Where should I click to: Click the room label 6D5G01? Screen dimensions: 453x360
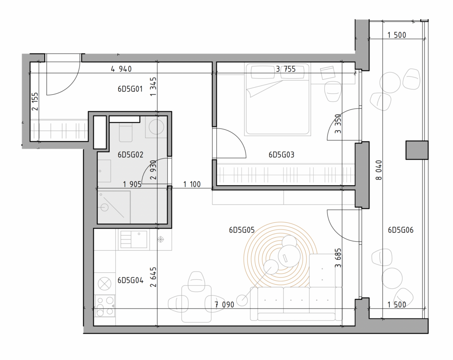130,89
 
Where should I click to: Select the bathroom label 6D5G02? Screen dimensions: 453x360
131,155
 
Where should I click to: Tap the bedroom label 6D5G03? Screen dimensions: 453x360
281,155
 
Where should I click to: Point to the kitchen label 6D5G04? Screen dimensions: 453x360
131,280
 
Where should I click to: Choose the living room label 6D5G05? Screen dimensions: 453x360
242,230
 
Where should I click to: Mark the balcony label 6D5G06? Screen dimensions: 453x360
401,230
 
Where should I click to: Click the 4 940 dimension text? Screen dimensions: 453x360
121,69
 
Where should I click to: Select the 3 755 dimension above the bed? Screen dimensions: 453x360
286,69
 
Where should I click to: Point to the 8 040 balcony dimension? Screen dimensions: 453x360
379,170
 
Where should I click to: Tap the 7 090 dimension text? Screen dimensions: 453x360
224,305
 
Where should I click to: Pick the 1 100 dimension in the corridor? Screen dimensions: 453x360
192,184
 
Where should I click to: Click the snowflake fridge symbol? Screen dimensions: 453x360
161,240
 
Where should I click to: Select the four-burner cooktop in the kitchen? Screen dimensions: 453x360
105,306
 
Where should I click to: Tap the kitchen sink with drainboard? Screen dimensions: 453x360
134,240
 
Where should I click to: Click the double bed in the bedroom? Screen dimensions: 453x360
277,99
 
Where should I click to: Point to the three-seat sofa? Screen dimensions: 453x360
296,304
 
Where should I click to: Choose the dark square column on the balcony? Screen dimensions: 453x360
417,150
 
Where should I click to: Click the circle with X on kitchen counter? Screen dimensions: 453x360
104,284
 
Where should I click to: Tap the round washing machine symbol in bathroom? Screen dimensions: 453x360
156,127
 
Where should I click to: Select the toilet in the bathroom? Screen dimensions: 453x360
126,132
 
